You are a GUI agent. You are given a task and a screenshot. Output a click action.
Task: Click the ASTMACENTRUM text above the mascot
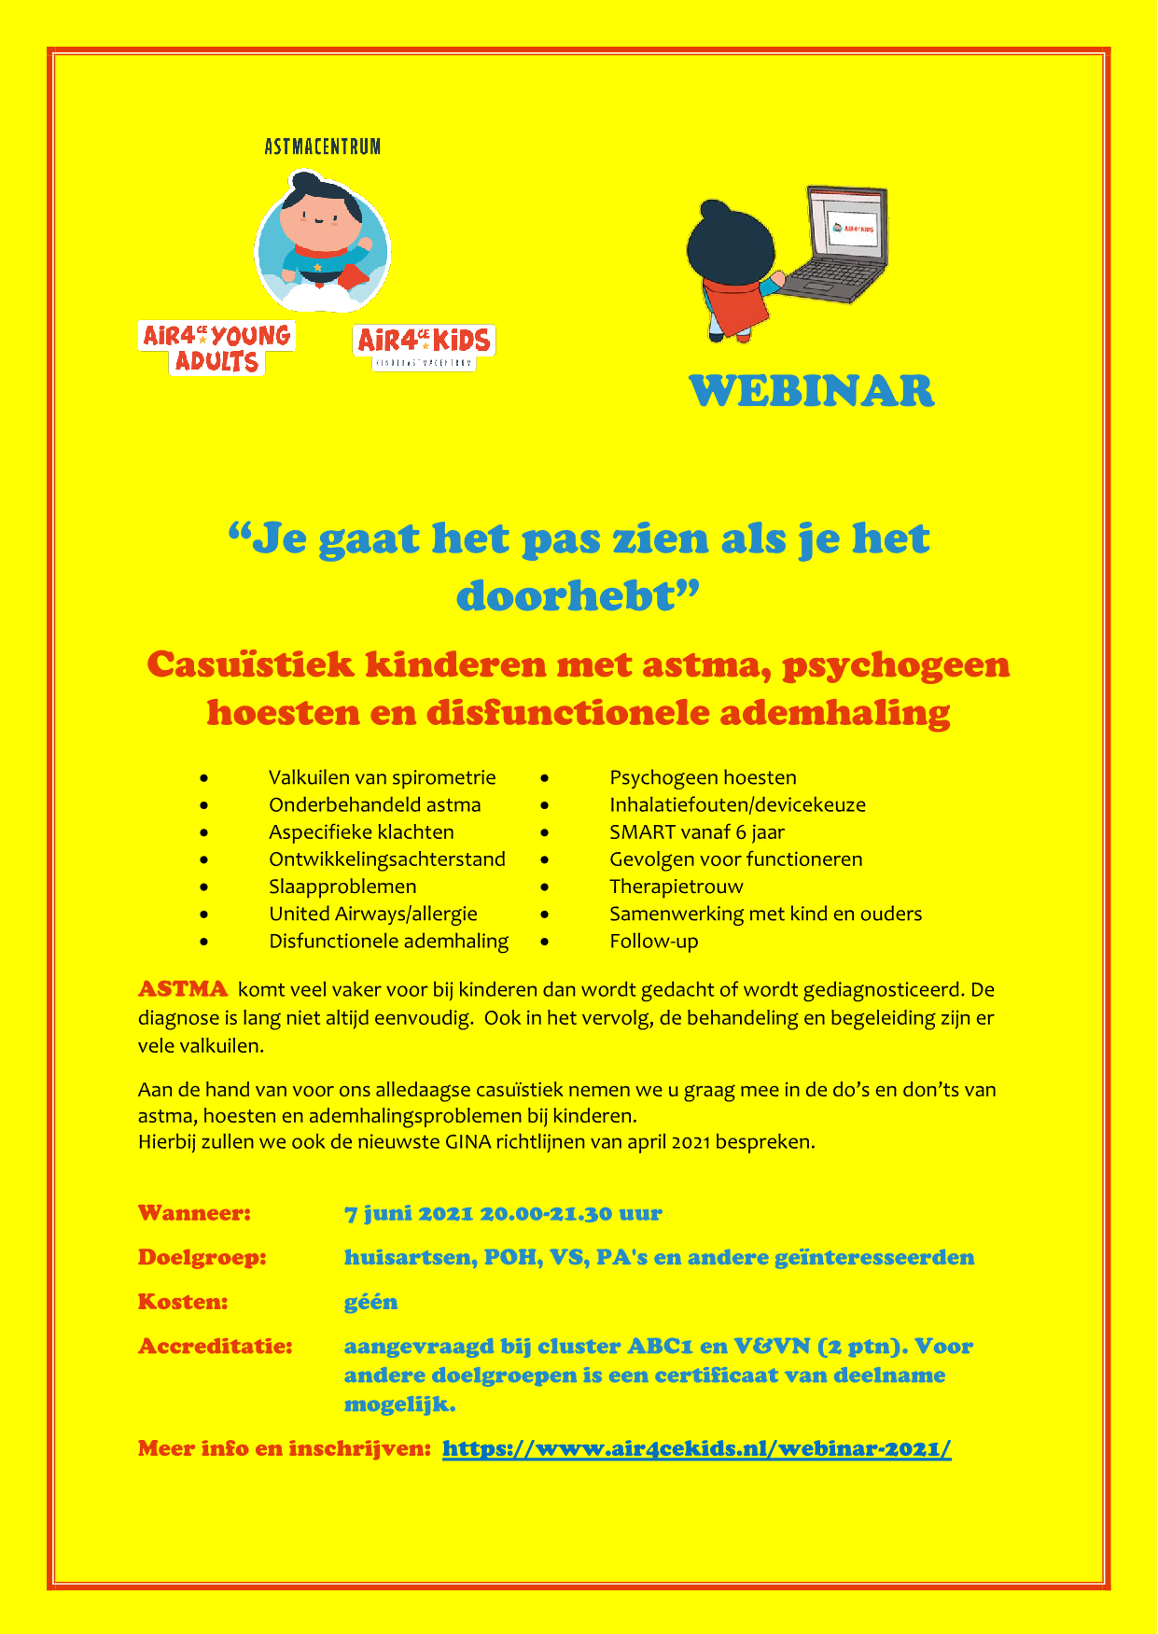coord(322,147)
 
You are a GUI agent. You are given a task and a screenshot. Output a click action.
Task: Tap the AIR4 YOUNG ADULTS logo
coord(216,348)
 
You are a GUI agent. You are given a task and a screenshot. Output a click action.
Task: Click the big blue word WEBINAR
coord(811,391)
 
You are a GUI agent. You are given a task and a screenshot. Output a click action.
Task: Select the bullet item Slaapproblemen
coord(342,887)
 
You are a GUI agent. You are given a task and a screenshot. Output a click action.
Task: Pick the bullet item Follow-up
coord(653,942)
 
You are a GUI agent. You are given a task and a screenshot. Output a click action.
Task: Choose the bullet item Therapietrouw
coord(676,887)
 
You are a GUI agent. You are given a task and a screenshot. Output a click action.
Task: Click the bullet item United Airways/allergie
coord(372,915)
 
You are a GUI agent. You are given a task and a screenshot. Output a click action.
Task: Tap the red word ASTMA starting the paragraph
coord(183,989)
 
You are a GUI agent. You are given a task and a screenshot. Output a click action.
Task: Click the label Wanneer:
coord(194,1213)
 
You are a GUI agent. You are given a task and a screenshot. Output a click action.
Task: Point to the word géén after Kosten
coord(370,1302)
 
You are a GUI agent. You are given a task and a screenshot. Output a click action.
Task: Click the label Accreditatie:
coord(215,1347)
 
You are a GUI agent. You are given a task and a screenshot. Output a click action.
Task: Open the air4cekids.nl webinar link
coord(696,1449)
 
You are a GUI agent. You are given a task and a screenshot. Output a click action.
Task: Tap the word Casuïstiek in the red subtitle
coord(251,665)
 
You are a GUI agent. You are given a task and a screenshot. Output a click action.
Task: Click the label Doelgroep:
coord(202,1258)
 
